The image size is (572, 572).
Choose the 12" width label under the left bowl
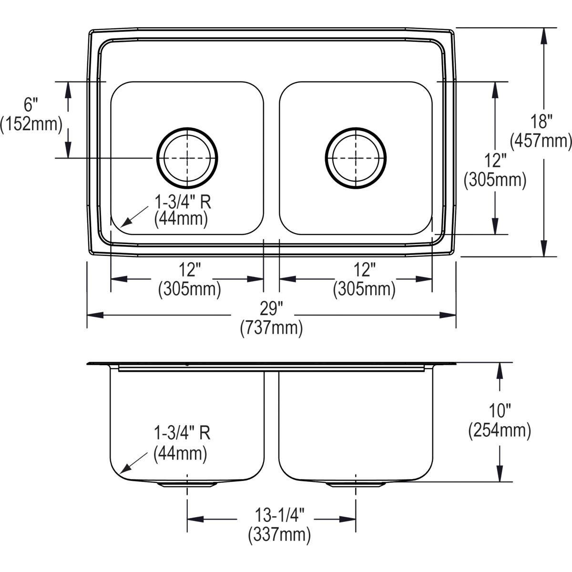pos(189,279)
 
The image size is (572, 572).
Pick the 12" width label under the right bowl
pos(364,279)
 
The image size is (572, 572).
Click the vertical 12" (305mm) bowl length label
pos(495,170)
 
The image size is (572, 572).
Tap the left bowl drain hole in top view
pos(187,157)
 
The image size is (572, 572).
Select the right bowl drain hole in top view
pos(356,157)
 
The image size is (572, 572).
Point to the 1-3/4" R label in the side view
pos(181,443)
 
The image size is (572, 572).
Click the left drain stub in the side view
pos(187,484)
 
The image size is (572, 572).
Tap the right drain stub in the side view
pos(356,484)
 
